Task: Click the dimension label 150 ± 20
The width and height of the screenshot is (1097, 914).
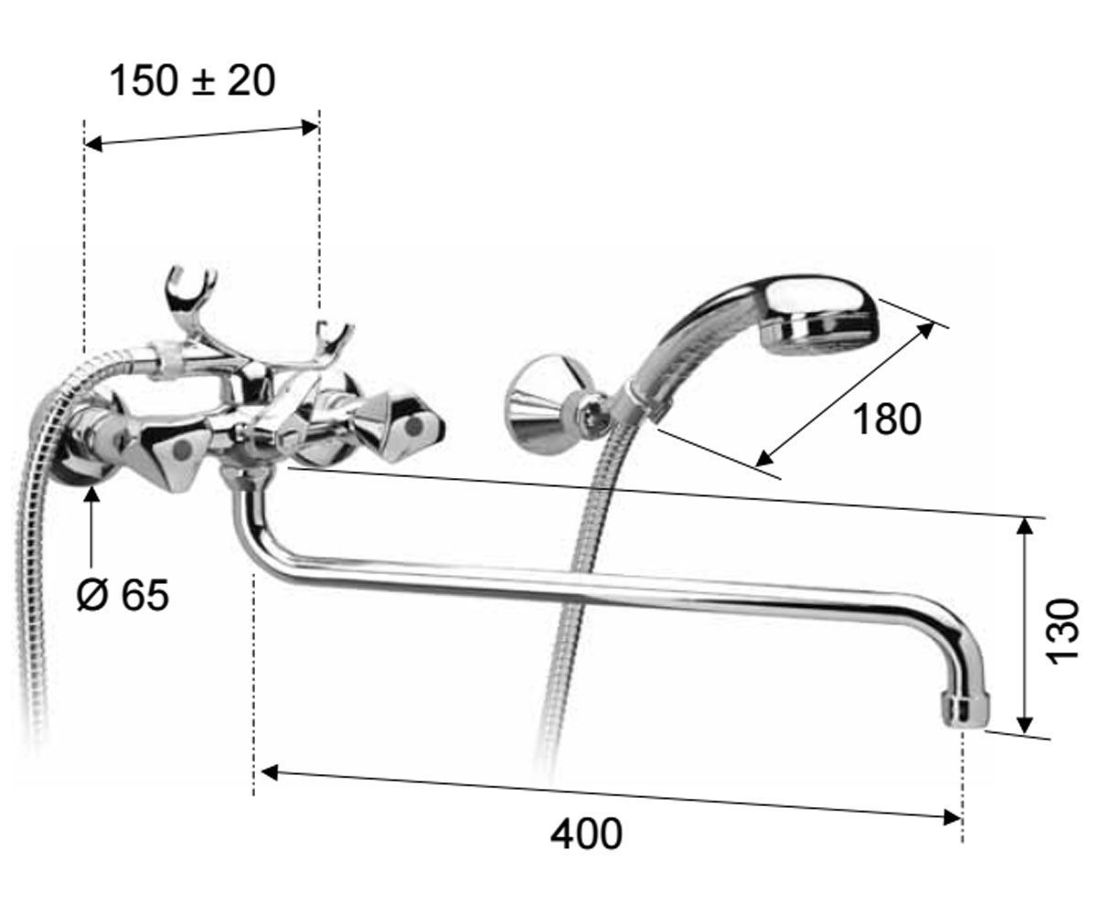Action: pyautogui.click(x=192, y=81)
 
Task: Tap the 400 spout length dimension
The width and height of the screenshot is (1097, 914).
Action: pyautogui.click(x=586, y=834)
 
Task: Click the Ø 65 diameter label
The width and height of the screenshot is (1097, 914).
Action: pyautogui.click(x=122, y=595)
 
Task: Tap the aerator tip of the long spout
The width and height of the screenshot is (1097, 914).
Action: pyautogui.click(x=965, y=710)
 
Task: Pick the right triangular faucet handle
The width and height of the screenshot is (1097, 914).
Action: pyautogui.click(x=409, y=430)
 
